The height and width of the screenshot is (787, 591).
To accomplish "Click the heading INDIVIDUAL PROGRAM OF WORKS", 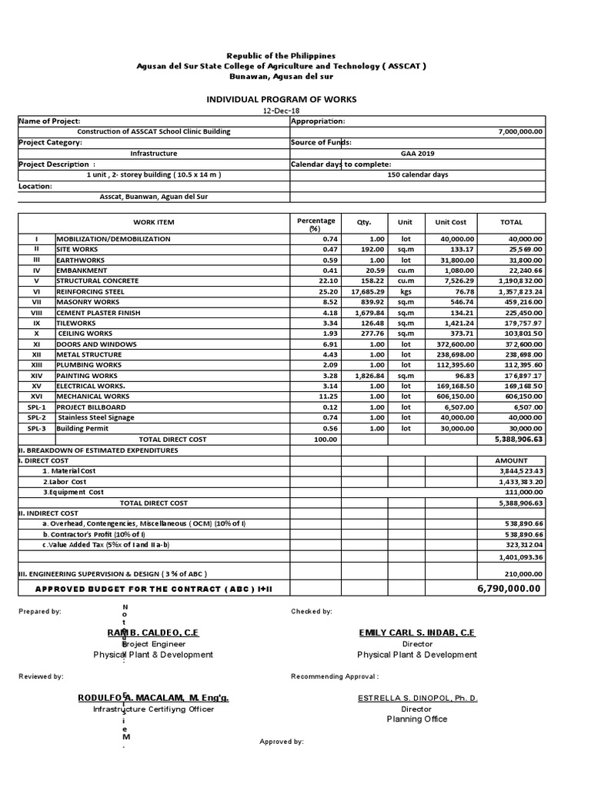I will tap(280, 100).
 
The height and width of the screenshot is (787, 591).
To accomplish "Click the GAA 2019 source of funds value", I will tap(417, 154).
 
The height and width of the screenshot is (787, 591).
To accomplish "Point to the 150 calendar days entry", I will tap(417, 175).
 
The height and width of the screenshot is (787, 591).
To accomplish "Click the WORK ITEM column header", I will tap(154, 223).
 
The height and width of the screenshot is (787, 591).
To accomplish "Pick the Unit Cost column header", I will tap(450, 223).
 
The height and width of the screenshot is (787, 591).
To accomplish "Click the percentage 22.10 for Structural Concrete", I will tap(327, 281).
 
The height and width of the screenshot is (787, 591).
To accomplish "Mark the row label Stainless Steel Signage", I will tap(96, 417).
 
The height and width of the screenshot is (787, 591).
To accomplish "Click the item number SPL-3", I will tap(36, 428).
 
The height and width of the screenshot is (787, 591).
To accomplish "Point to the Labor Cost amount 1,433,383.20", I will tap(521, 481).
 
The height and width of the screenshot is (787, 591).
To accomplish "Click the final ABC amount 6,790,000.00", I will tap(510, 589).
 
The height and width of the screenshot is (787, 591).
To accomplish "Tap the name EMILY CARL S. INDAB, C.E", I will tap(417, 632).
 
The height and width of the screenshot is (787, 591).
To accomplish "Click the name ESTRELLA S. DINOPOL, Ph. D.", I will tap(417, 698).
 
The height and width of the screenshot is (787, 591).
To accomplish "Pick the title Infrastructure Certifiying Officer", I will tap(153, 709).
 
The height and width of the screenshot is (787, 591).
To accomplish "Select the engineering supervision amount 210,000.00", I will tap(524, 573).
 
